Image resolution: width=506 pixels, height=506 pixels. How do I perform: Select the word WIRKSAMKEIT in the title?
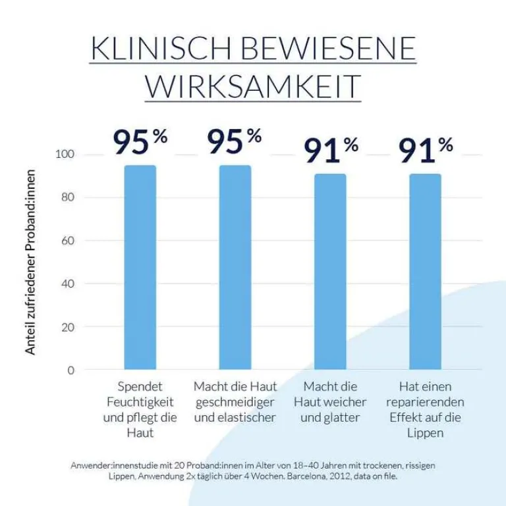253,86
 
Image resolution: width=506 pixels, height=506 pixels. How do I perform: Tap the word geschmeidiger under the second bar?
235,402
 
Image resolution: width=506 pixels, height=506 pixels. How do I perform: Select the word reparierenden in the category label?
425,402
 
